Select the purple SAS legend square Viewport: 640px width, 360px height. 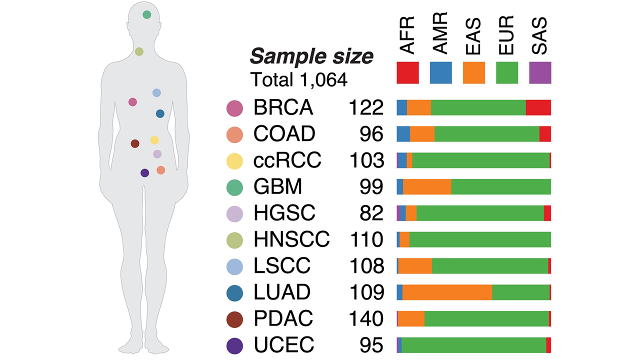[540, 73]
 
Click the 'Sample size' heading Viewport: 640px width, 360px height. [311, 57]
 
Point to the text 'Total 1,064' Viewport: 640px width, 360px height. [298, 80]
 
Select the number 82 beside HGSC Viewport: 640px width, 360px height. [371, 213]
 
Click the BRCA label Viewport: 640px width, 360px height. [283, 107]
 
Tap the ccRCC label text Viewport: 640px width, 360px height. [287, 160]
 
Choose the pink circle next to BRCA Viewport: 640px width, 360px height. [234, 108]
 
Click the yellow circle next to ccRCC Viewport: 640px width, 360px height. [234, 161]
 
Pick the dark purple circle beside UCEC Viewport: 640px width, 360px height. [234, 345]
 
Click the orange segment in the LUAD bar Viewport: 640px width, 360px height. [447, 292]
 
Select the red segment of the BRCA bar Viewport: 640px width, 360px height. [538, 107]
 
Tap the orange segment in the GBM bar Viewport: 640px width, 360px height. [427, 187]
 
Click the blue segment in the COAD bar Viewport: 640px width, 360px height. [403, 134]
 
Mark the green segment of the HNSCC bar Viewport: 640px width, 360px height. [480, 239]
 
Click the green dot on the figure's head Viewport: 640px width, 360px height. [146, 14]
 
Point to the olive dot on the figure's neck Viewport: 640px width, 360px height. [139, 51]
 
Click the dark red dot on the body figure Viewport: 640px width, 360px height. [134, 143]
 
